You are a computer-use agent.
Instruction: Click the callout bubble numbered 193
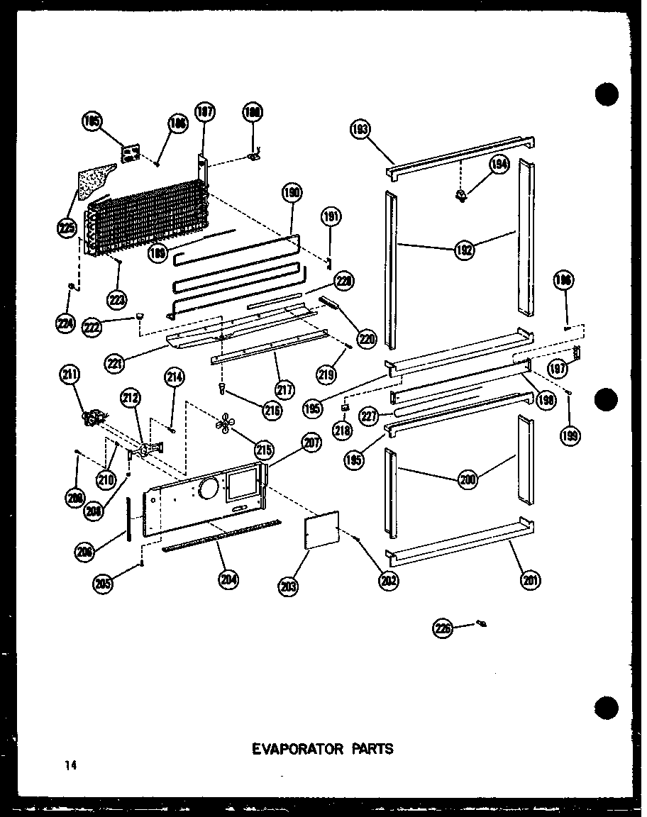pyautogui.click(x=360, y=130)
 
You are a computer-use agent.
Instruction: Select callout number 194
pyautogui.click(x=499, y=165)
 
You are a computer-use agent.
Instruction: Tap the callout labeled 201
pyautogui.click(x=529, y=579)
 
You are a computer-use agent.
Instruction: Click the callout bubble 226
pyautogui.click(x=444, y=628)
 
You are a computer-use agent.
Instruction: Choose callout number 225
pyautogui.click(x=67, y=228)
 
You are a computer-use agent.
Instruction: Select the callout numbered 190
pyautogui.click(x=292, y=193)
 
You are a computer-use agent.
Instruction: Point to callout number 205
pyautogui.click(x=104, y=583)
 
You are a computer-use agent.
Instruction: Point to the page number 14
pyautogui.click(x=68, y=765)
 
